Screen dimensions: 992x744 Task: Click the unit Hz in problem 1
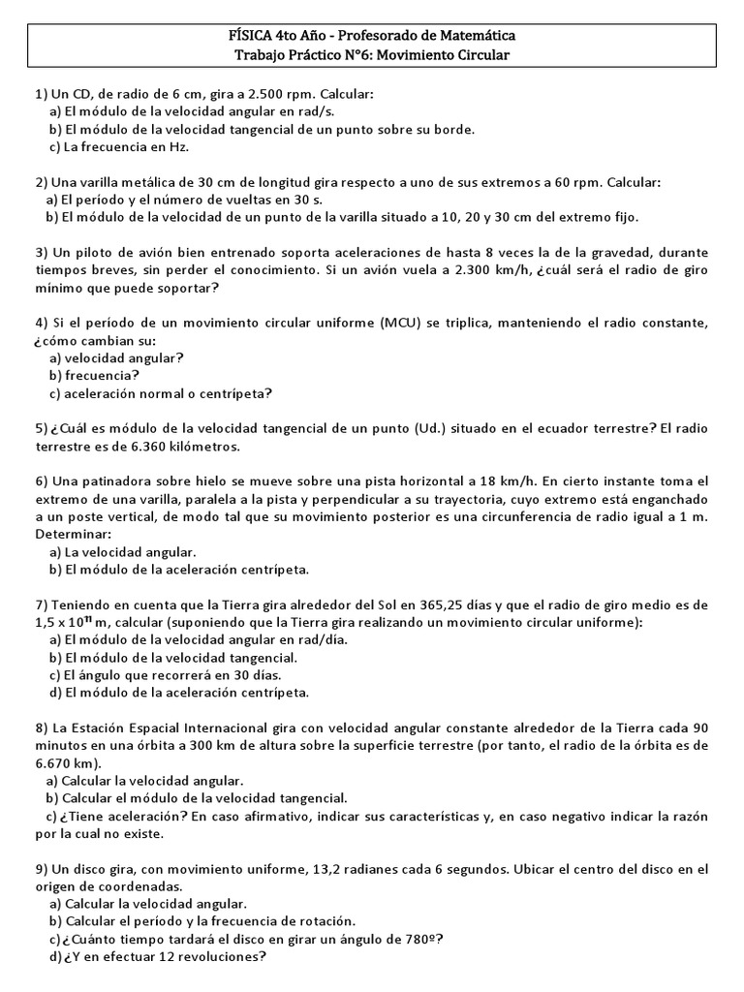[178, 147]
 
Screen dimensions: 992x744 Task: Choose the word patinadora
[115, 481]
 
